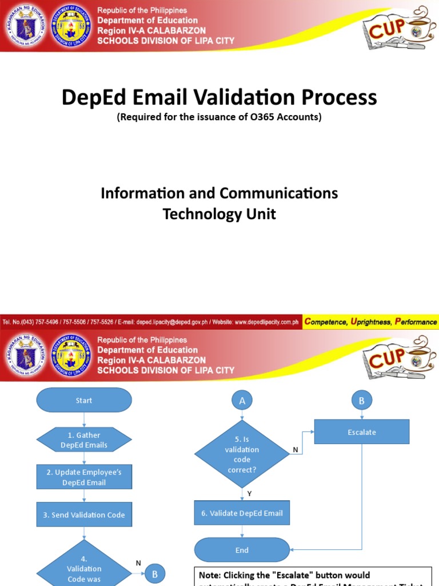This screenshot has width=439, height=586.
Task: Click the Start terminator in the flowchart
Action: (84, 400)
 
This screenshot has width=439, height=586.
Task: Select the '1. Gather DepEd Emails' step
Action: (84, 440)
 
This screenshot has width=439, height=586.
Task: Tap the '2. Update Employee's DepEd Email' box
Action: (84, 477)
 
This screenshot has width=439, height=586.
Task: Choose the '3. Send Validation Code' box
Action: (84, 514)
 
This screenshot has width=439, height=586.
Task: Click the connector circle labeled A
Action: (242, 401)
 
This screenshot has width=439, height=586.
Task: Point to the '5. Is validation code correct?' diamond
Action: (242, 454)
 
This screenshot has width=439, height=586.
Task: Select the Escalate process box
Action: (362, 432)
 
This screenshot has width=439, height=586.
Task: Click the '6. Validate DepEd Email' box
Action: (242, 513)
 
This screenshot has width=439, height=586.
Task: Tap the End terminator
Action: (242, 550)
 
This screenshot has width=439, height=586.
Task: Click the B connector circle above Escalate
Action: (361, 401)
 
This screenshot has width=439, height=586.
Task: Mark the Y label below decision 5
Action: (249, 493)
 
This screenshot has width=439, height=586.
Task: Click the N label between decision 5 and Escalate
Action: (296, 450)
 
